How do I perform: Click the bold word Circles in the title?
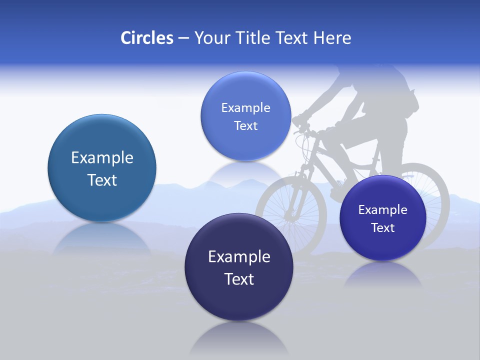click(147, 38)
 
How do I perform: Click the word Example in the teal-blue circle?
click(102, 158)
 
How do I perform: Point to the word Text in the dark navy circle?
click(239, 279)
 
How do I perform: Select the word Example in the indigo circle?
click(383, 209)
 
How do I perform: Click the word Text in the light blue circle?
click(245, 126)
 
